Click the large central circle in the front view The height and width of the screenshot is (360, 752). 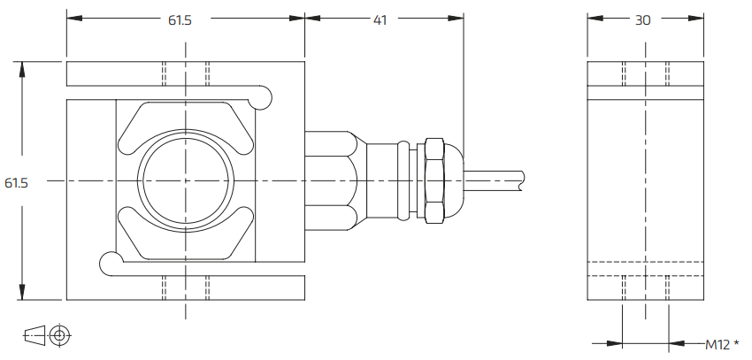pyautogui.click(x=185, y=180)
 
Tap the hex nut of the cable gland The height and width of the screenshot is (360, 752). pyautogui.click(x=434, y=180)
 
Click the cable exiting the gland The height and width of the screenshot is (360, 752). pyautogui.click(x=495, y=180)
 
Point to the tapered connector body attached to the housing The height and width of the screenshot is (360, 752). pyautogui.click(x=332, y=180)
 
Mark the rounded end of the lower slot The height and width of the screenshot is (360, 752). pyautogui.click(x=109, y=261)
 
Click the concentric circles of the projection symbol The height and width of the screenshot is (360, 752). pyautogui.click(x=60, y=334)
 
